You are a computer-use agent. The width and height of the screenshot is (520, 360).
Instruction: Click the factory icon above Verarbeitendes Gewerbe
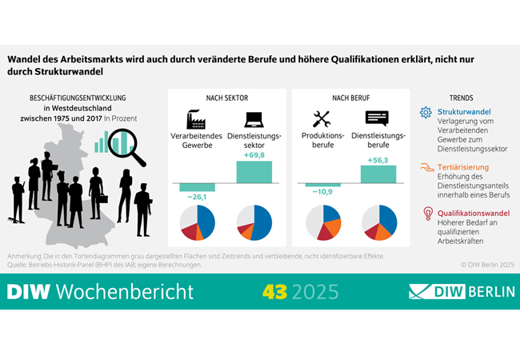tap(197, 119)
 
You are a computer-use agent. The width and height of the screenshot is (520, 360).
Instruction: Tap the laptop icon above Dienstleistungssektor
tap(254, 119)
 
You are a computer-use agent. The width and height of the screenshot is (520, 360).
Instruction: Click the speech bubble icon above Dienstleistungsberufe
tap(378, 119)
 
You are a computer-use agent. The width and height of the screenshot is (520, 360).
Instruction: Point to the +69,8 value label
tap(254, 157)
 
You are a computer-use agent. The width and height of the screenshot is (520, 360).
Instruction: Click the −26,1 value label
tap(197, 198)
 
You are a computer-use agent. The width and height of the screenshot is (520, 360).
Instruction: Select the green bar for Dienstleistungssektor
tap(254, 172)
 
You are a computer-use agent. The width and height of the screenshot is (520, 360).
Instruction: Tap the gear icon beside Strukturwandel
tap(426, 112)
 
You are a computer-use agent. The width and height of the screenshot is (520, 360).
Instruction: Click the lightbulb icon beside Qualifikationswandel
tap(426, 214)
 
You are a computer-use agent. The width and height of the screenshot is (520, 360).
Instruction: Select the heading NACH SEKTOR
tap(226, 98)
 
